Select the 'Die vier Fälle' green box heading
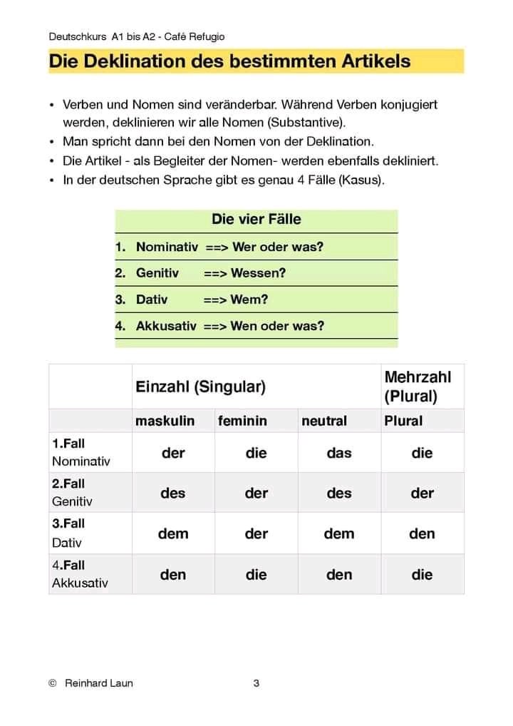click(x=256, y=219)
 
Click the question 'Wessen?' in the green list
click(x=259, y=273)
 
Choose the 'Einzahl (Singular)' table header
click(x=200, y=387)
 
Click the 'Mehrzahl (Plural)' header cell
click(x=418, y=386)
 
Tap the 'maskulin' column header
click(x=165, y=421)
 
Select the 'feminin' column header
click(x=242, y=421)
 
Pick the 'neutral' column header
click(x=324, y=421)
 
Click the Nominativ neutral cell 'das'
click(x=339, y=453)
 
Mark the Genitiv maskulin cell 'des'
click(x=173, y=493)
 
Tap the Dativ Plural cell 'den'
click(x=422, y=533)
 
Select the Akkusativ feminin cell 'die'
click(x=256, y=574)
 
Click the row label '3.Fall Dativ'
click(x=68, y=533)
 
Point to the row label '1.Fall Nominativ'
click(x=81, y=452)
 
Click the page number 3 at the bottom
click(x=256, y=683)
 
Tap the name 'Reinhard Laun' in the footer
click(x=98, y=683)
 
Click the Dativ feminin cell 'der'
click(x=256, y=533)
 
